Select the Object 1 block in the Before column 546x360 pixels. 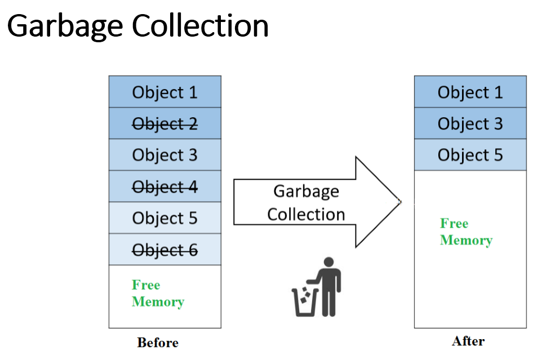point(165,92)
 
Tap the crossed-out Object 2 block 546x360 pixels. point(165,123)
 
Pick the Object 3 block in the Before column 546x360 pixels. point(165,155)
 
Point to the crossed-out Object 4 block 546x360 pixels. point(165,186)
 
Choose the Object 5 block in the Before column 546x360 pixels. point(165,218)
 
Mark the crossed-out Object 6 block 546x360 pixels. point(165,250)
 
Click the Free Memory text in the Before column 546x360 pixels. point(158,294)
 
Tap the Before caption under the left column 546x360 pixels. point(158,343)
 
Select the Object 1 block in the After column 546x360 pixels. point(470,92)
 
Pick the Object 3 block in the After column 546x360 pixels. point(470,123)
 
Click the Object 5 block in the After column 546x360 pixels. point(470,155)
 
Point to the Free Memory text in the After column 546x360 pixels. point(466,232)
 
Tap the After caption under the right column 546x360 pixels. point(468,341)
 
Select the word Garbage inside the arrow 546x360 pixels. point(306,191)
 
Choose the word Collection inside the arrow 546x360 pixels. point(306,214)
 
